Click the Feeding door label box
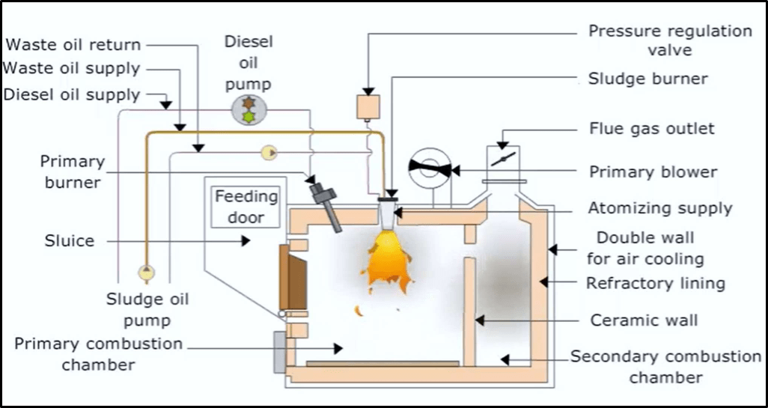[x=246, y=207]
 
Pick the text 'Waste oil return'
[x=73, y=46]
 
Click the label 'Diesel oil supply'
[x=71, y=95]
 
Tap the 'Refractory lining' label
[x=655, y=283]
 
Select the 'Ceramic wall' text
[x=644, y=320]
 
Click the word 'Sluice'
[x=69, y=241]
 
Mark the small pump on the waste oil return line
[x=268, y=153]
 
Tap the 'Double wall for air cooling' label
[x=650, y=249]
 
